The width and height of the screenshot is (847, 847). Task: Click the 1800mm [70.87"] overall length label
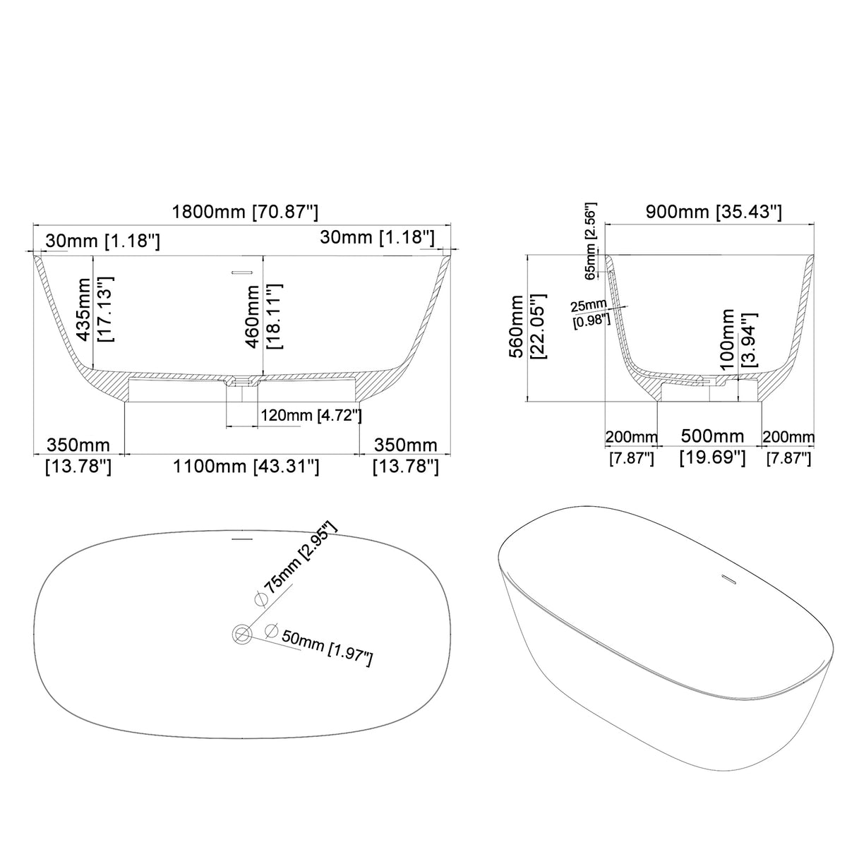(244, 212)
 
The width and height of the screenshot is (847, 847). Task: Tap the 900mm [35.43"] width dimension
(713, 212)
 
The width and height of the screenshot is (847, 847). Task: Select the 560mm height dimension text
(516, 327)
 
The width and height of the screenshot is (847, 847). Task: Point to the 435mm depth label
(83, 309)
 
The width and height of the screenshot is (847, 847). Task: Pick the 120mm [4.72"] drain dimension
(311, 415)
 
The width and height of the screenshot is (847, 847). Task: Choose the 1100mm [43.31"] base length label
(246, 467)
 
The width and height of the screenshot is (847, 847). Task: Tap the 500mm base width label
(712, 436)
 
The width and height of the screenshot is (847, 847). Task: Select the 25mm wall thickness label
(589, 305)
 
